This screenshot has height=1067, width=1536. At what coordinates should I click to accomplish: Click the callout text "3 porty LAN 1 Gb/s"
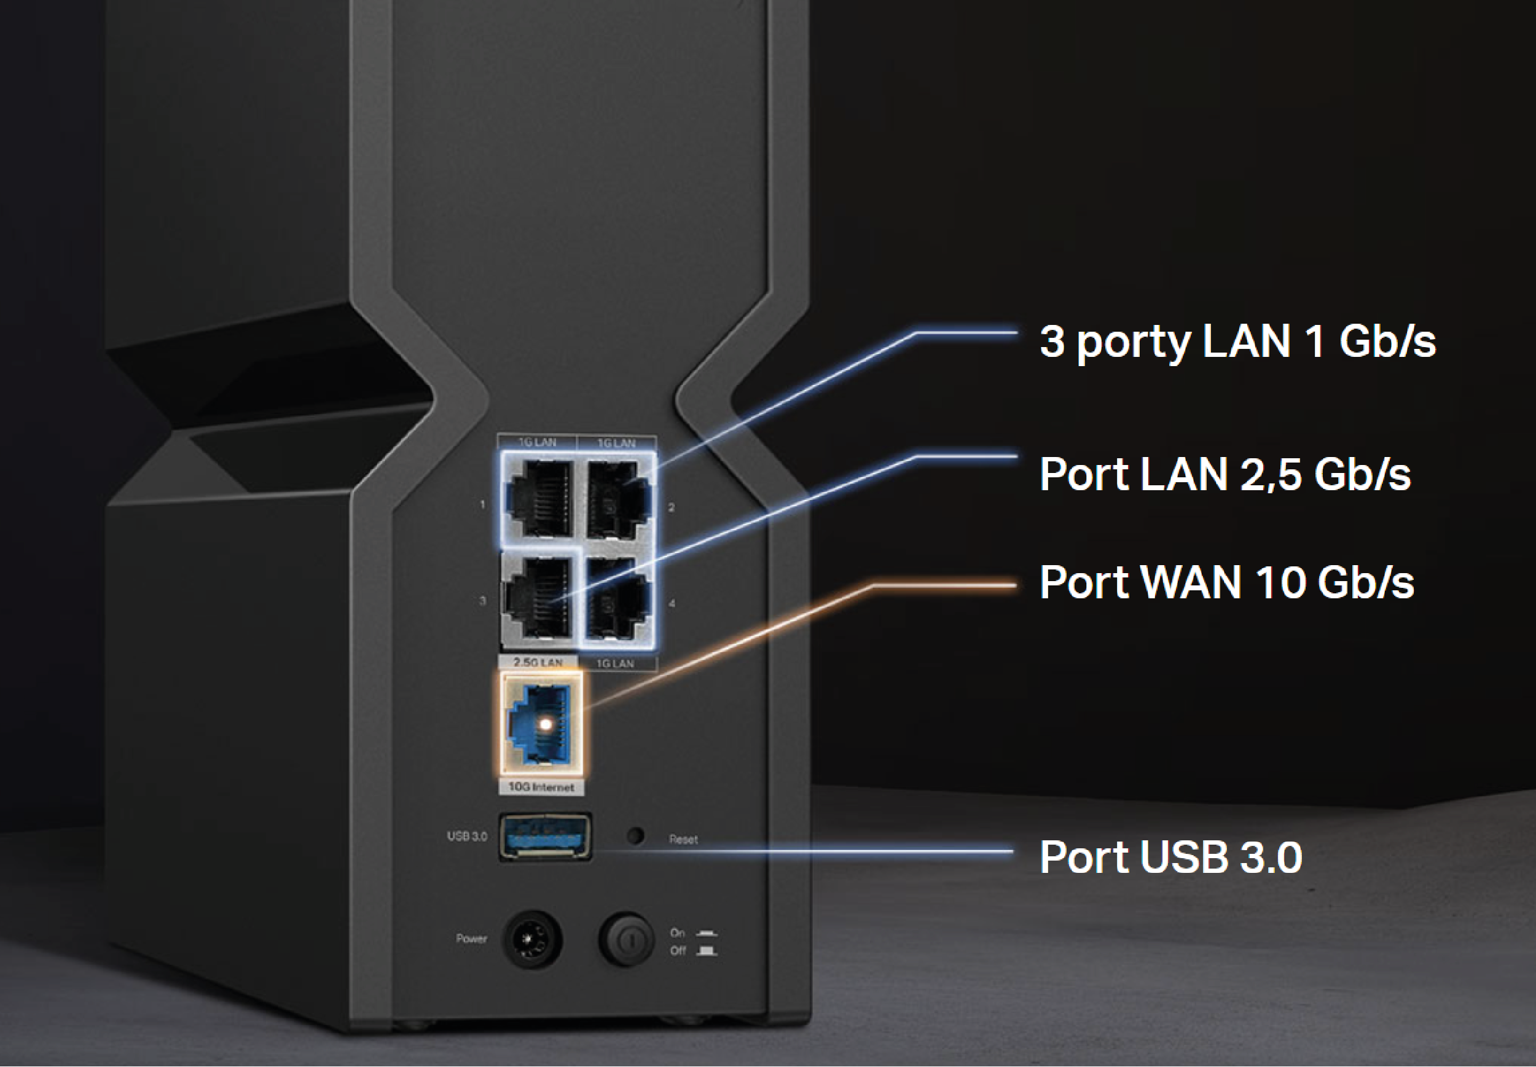[x=1237, y=342]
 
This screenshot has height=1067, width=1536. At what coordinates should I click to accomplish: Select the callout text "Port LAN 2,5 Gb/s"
[x=1224, y=474]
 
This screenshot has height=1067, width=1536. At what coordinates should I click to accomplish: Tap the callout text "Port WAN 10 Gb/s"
[x=1226, y=582]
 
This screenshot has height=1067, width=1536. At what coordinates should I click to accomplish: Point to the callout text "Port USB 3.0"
[x=1170, y=856]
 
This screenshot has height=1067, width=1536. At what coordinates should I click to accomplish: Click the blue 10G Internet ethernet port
[x=542, y=725]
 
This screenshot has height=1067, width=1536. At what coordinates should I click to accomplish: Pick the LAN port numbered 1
[x=539, y=498]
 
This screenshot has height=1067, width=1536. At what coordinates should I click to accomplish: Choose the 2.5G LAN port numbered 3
[x=538, y=597]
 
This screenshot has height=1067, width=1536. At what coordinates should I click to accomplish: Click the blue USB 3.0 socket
[x=545, y=837]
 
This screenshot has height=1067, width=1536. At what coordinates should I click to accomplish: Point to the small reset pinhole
[x=635, y=835]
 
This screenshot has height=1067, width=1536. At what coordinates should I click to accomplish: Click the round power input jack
[x=531, y=939]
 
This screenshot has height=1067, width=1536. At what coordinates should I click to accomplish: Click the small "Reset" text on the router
[x=683, y=840]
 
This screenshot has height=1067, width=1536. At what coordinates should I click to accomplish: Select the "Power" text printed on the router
[x=471, y=939]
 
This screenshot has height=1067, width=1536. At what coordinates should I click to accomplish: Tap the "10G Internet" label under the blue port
[x=541, y=787]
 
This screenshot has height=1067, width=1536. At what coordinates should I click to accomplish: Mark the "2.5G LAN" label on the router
[x=538, y=662]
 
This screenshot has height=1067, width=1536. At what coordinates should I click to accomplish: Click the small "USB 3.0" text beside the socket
[x=467, y=837]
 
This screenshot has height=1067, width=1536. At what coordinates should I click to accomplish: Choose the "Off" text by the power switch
[x=678, y=951]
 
